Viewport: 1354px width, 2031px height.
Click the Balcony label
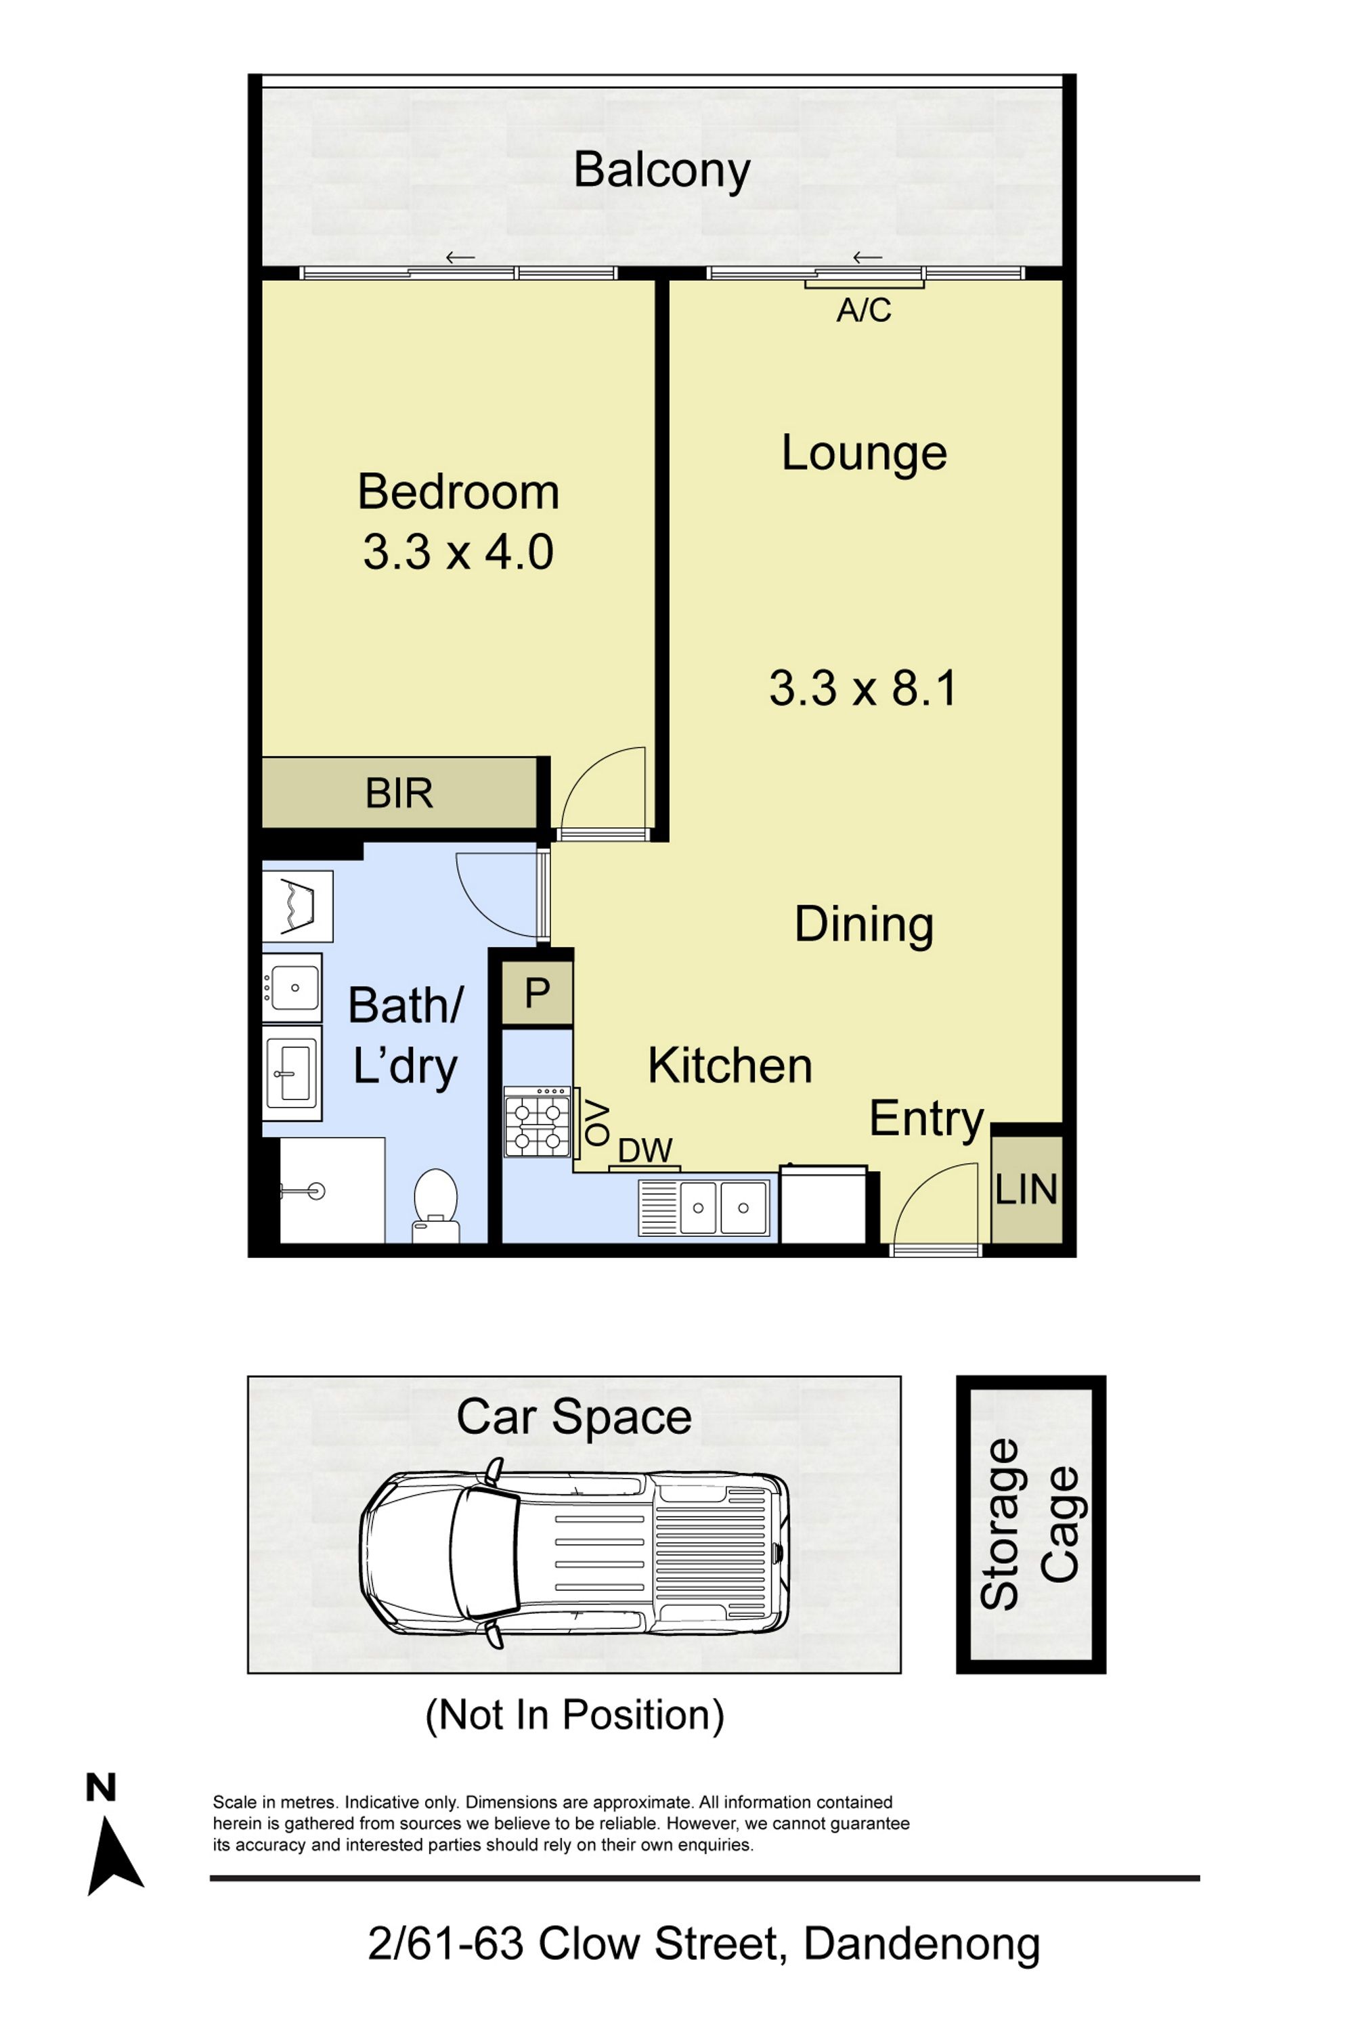coord(661,170)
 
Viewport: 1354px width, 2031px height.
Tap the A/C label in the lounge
coord(864,310)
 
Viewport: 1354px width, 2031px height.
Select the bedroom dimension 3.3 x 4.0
coord(458,552)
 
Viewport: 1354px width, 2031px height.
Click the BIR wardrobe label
coord(399,793)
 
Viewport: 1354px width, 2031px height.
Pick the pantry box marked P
coord(537,993)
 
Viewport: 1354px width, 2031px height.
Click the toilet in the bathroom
coord(435,1206)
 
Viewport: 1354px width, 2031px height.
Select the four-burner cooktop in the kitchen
coord(537,1122)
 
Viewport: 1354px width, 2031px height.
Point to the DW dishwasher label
coord(645,1151)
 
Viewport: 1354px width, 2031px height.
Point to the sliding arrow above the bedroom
coord(460,257)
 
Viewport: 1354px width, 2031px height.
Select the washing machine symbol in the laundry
coord(297,906)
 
